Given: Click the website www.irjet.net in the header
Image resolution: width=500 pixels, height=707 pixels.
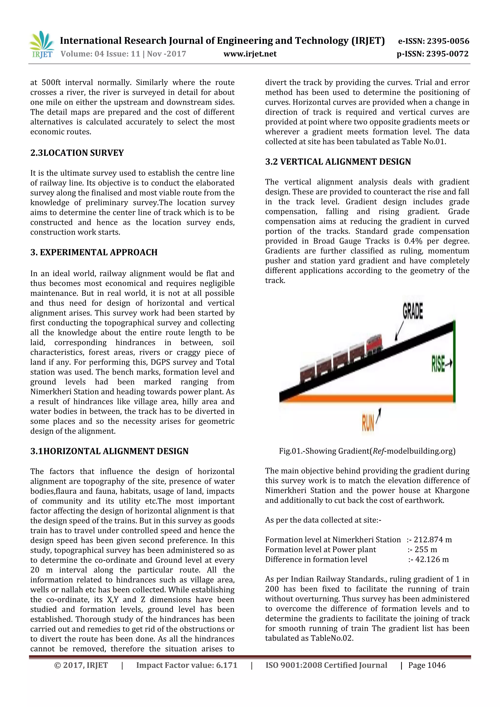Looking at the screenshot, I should [250, 54].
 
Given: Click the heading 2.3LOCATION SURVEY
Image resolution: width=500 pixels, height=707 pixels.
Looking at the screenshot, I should [77, 153].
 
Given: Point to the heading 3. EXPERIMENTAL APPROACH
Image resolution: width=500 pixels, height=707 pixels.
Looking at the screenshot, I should [94, 252].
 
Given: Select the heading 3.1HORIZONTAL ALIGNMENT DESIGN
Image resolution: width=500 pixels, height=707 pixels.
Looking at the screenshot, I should [109, 451].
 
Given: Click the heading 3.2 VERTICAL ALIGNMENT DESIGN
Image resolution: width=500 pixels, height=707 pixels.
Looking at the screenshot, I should [338, 162].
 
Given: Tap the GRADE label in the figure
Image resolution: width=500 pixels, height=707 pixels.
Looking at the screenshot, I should [413, 311].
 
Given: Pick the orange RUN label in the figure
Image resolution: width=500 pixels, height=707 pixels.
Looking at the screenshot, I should [368, 423].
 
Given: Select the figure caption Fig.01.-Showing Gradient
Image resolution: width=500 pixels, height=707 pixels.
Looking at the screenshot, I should [367, 451].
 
